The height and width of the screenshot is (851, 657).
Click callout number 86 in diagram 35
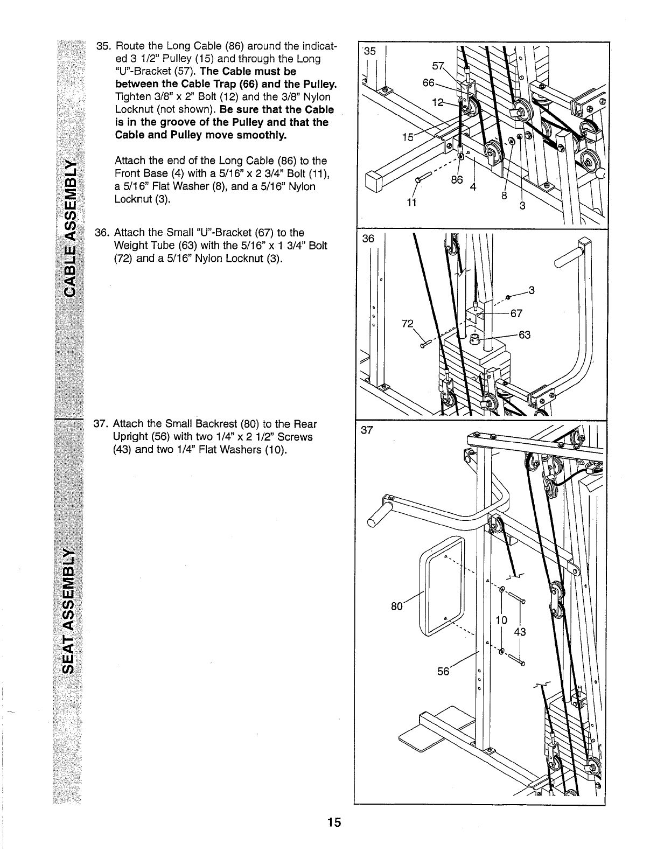pyautogui.click(x=457, y=180)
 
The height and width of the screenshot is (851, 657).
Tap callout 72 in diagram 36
pyautogui.click(x=408, y=324)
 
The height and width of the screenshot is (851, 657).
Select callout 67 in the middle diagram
pyautogui.click(x=516, y=313)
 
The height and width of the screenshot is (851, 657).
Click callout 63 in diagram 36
pyautogui.click(x=525, y=335)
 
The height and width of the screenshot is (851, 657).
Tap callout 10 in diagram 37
pyautogui.click(x=501, y=620)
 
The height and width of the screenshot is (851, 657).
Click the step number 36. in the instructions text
pyautogui.click(x=102, y=233)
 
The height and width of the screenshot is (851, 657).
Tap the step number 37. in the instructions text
pyautogui.click(x=102, y=424)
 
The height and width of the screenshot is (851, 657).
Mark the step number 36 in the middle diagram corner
pyautogui.click(x=368, y=240)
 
